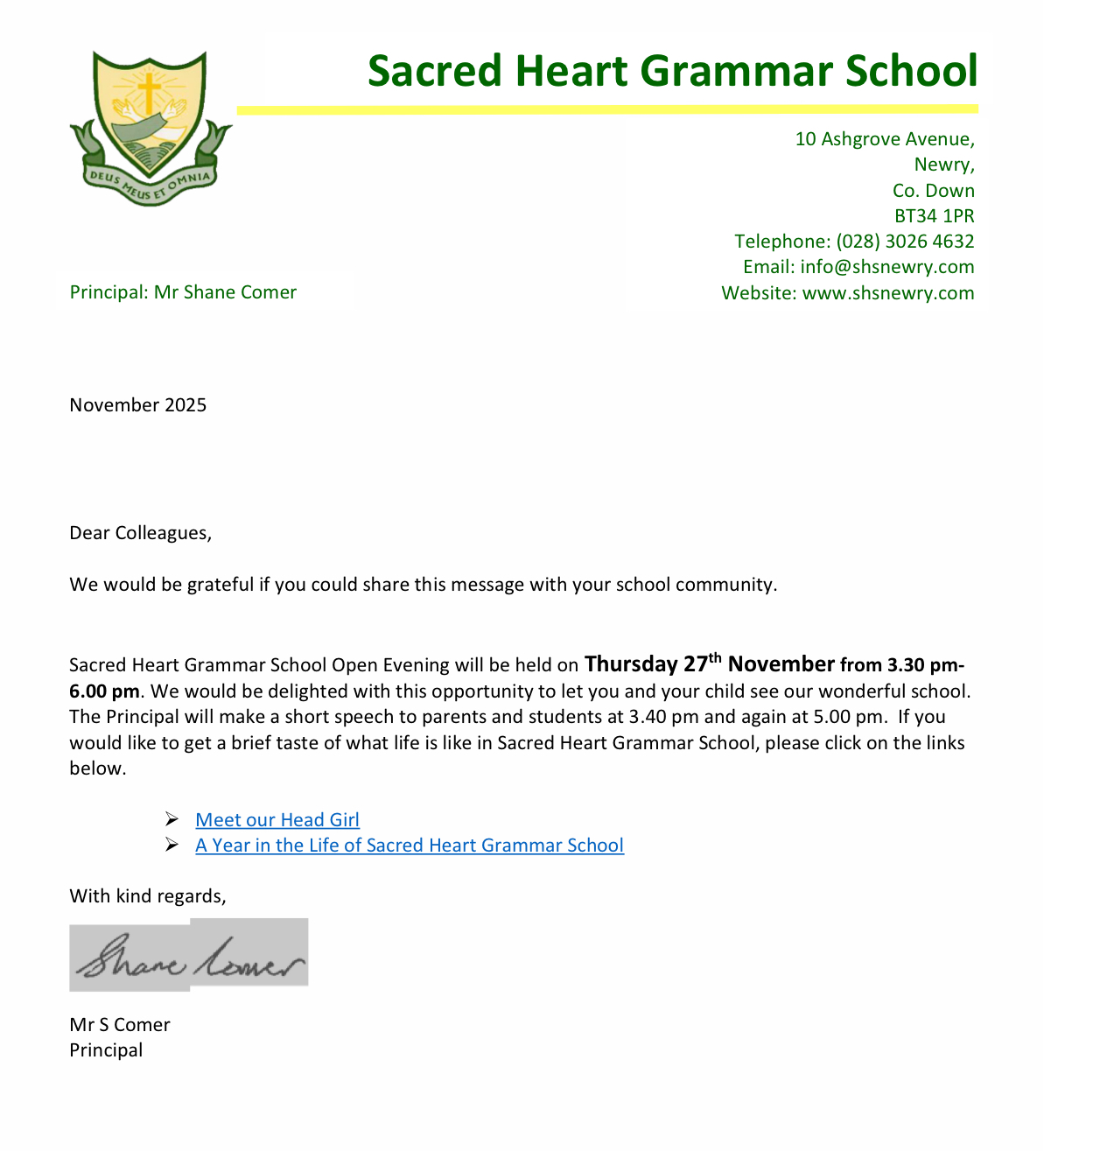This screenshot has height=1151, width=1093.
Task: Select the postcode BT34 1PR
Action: (934, 215)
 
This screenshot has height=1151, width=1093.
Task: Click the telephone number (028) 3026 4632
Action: (905, 241)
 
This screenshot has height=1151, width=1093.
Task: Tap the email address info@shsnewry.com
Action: (886, 267)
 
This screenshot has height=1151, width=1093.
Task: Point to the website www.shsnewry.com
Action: (887, 292)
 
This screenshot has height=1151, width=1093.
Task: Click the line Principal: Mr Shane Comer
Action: (183, 292)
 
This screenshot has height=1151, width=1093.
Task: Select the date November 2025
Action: (138, 404)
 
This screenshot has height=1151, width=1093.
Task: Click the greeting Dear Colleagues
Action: (140, 533)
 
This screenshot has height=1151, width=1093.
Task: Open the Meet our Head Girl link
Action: (277, 819)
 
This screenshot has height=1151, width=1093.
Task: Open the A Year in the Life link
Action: (410, 845)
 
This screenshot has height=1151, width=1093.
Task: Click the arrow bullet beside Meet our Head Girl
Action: (172, 819)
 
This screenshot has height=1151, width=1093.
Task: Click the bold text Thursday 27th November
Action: (710, 663)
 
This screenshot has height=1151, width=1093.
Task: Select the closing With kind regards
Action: (147, 895)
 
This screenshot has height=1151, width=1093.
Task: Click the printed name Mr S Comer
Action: (120, 1024)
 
